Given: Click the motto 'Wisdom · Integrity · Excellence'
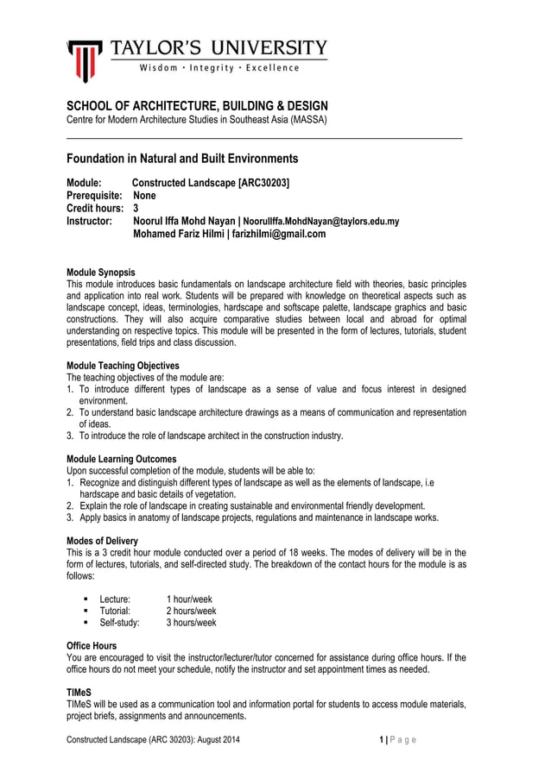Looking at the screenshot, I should pyautogui.click(x=216, y=68).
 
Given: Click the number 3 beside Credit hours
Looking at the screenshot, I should pyautogui.click(x=136, y=209).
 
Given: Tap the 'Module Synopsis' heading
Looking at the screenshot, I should pyautogui.click(x=101, y=273).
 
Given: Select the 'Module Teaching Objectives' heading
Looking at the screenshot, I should pyautogui.click(x=123, y=366).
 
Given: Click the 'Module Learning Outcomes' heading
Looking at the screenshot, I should pyautogui.click(x=122, y=459).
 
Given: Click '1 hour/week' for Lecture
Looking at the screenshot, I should pyautogui.click(x=189, y=599).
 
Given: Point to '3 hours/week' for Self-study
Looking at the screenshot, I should pyautogui.click(x=191, y=622).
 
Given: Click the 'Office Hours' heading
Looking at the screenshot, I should pyautogui.click(x=92, y=645).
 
